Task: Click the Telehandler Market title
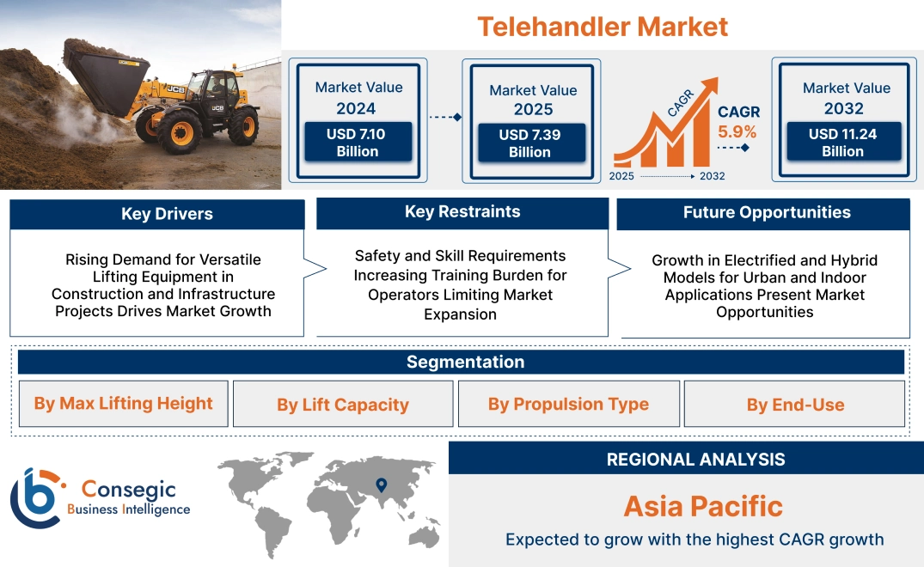[603, 27]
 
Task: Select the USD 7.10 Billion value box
[358, 142]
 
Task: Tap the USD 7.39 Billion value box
[531, 143]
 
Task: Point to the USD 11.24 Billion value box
[843, 142]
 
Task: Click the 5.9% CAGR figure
[737, 131]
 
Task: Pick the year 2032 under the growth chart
[712, 176]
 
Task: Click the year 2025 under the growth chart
[621, 176]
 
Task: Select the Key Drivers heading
[167, 214]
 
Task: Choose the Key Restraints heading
[462, 212]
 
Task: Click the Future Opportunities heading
[767, 212]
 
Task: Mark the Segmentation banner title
[466, 362]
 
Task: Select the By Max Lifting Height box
[123, 403]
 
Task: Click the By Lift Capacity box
[343, 404]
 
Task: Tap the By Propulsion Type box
[569, 404]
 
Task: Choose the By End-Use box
[794, 404]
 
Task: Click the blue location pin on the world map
[382, 485]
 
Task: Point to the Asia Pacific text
[703, 506]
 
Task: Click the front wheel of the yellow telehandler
[181, 132]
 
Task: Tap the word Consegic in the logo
[128, 490]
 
